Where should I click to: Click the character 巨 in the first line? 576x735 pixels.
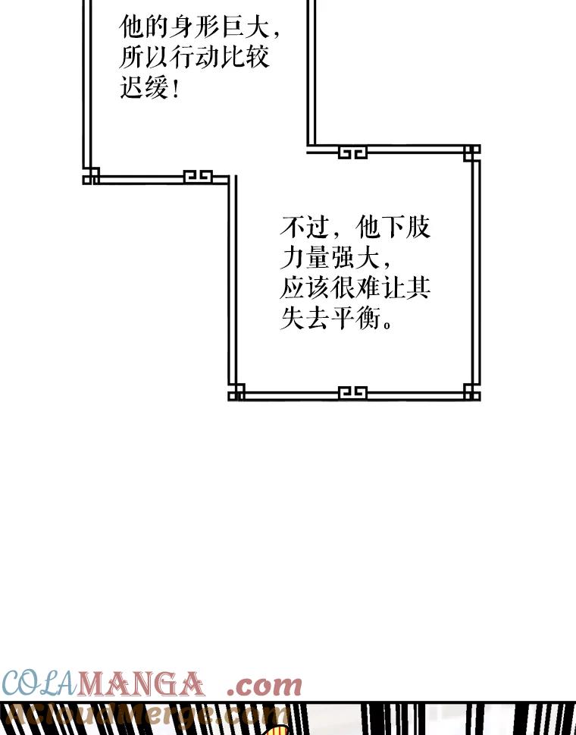233,28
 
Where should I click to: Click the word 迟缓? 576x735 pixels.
143,89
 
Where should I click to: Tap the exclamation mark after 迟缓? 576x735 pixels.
176,90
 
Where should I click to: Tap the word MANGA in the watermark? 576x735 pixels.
142,685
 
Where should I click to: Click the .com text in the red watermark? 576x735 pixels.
265,685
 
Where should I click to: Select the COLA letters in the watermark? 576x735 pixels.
39,685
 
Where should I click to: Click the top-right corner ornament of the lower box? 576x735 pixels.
471,152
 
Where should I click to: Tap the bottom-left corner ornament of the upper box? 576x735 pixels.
91,176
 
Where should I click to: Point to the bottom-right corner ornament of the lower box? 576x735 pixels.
471,392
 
